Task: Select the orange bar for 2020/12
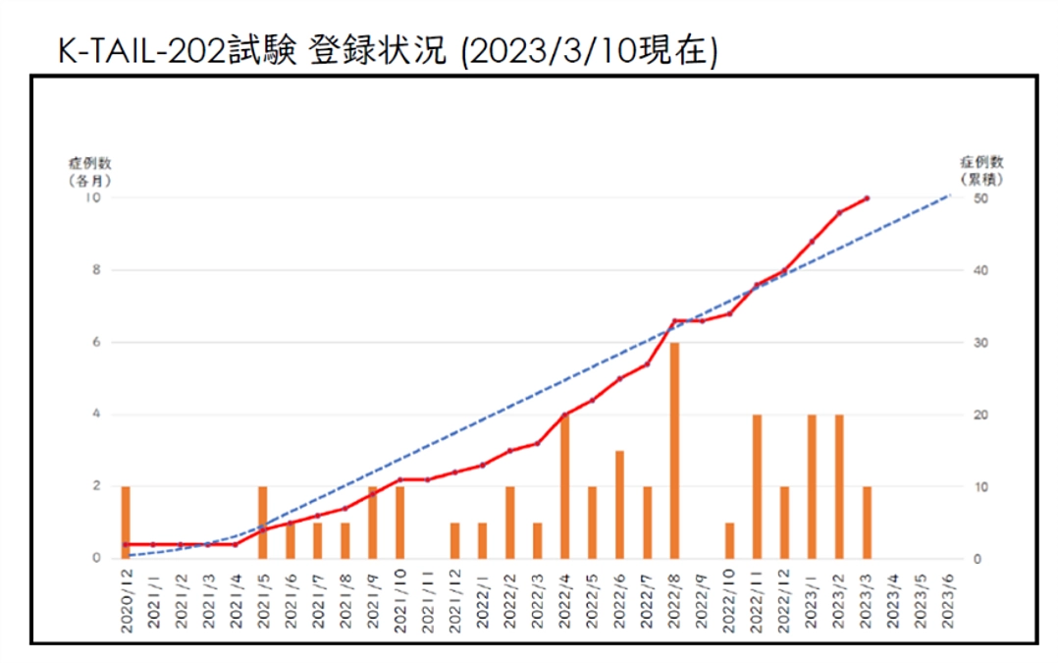coord(126,522)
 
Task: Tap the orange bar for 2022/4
coord(564,486)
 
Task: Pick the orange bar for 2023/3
coord(867,522)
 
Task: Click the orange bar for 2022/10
coord(729,540)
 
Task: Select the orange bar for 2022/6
coord(619,504)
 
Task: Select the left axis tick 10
coord(94,197)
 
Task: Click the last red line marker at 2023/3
coord(867,197)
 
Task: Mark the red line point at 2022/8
coord(674,320)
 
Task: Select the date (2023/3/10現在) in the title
coord(588,51)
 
